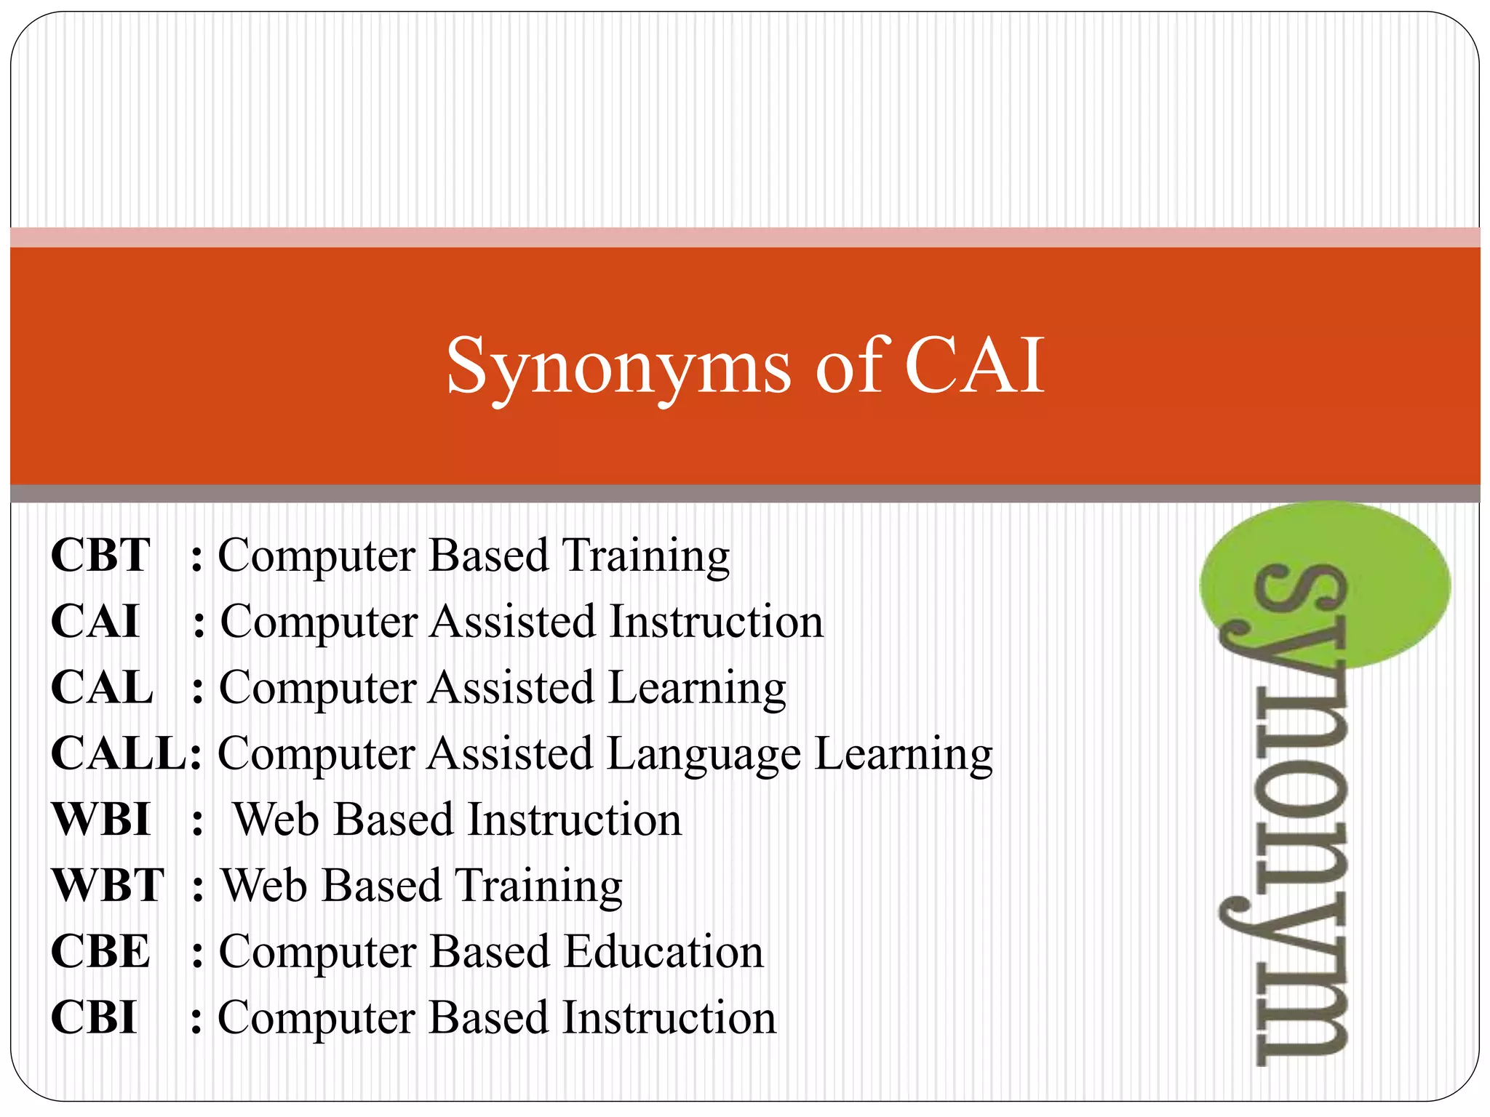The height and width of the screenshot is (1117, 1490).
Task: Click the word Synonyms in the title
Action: click(618, 367)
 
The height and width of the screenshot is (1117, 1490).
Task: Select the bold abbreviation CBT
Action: click(100, 556)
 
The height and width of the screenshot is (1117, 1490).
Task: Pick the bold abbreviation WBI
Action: click(101, 820)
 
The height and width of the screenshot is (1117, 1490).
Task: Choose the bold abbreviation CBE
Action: click(100, 952)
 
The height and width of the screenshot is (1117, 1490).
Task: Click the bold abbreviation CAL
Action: click(102, 688)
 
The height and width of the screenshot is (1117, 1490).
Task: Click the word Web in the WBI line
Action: click(276, 820)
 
